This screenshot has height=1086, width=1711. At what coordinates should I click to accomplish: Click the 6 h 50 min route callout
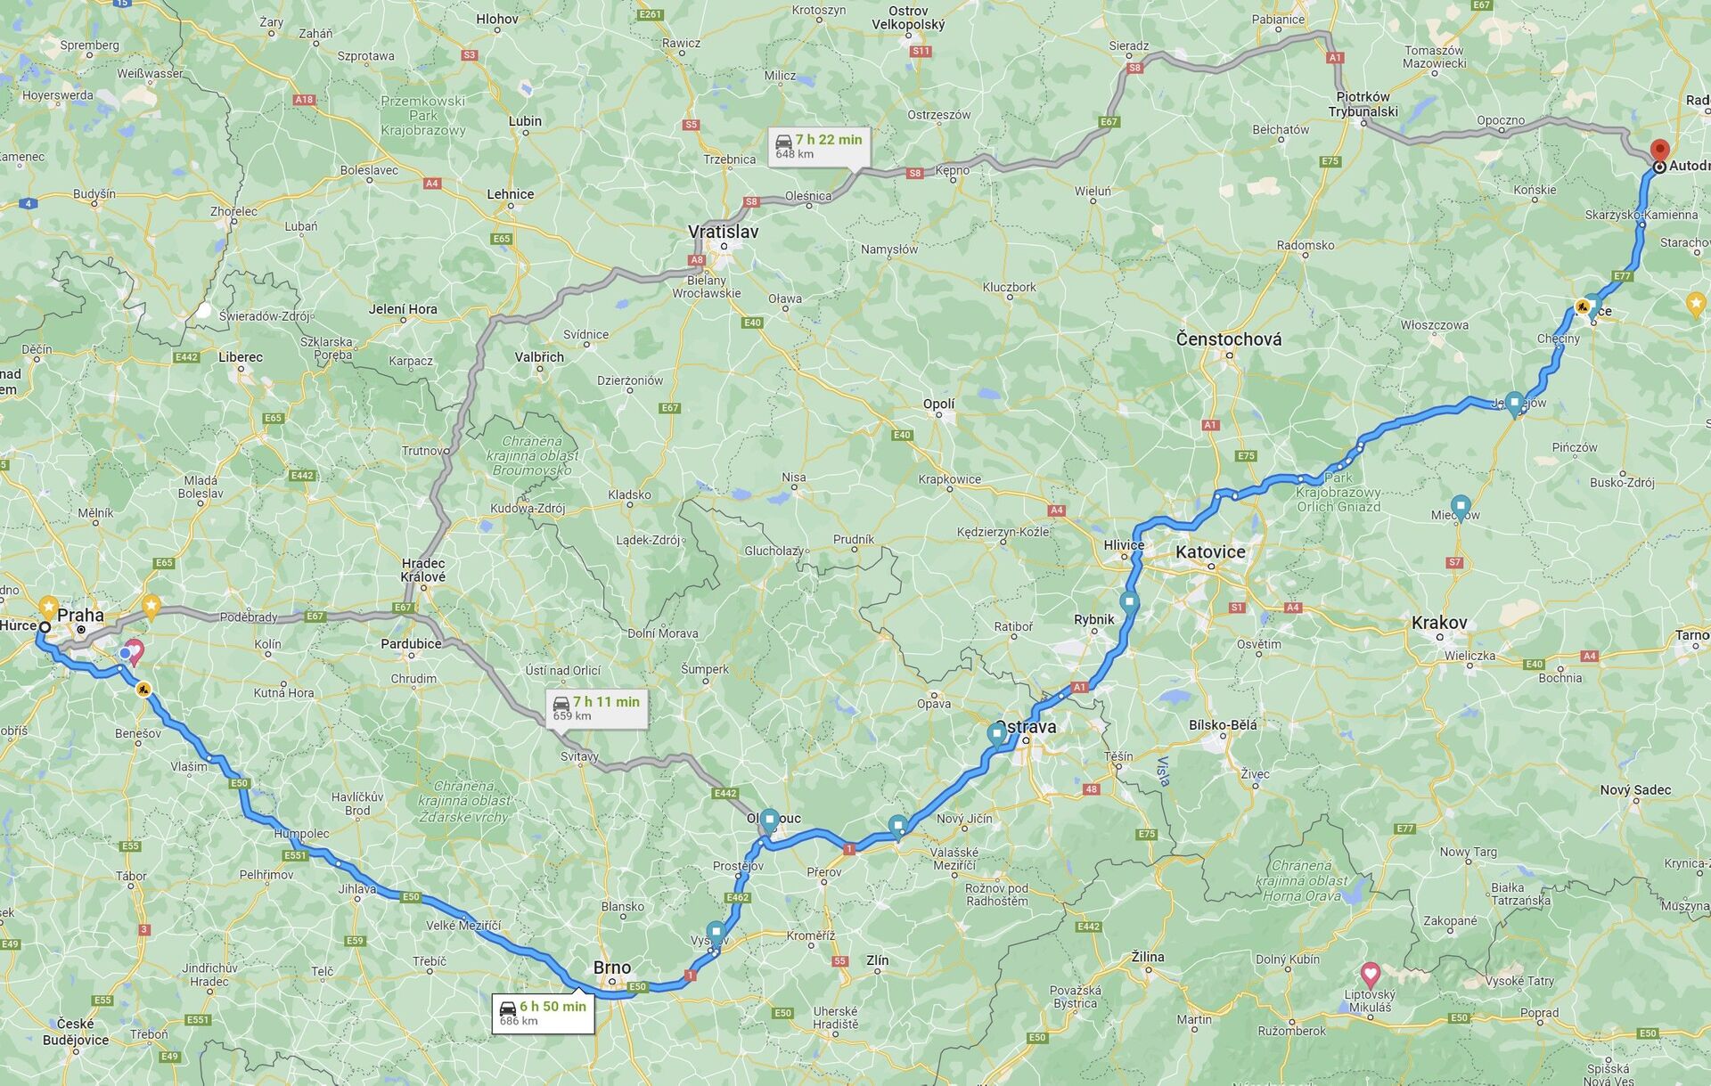pos(543,1013)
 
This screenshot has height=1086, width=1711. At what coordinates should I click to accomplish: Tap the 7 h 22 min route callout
pos(818,146)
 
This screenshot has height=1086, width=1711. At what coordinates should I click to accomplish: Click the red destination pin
pos(1659,151)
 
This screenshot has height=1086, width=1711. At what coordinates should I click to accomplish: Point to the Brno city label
pos(612,968)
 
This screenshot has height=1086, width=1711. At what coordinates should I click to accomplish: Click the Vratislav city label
pos(723,232)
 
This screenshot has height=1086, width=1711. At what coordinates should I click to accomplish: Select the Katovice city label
pos(1210,552)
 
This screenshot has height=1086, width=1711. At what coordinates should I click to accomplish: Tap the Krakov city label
pos(1438,623)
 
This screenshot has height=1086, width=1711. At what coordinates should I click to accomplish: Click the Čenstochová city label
pos(1229,339)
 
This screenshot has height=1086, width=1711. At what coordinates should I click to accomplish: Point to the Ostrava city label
pos(1027,726)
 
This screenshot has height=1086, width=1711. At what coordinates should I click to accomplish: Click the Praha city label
pos(80,615)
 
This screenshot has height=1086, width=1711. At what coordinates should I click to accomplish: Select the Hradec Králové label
pos(423,570)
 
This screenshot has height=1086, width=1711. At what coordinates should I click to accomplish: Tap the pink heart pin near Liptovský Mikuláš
pos(1370,974)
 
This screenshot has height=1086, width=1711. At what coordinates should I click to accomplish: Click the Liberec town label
pos(241,357)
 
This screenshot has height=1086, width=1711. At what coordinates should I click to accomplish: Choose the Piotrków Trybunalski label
pos(1363,104)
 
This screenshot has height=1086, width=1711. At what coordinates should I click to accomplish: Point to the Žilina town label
pos(1148,957)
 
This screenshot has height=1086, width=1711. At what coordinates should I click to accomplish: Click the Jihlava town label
pos(357,889)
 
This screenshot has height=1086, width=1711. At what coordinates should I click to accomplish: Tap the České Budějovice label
pos(76,1032)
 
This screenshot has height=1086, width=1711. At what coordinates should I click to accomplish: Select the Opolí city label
pos(938,404)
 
